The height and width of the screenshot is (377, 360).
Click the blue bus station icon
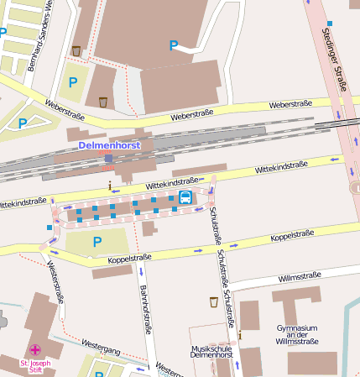tap(185, 197)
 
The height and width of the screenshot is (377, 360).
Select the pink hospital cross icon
tap(35, 349)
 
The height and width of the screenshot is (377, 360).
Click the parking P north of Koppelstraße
tap(97, 242)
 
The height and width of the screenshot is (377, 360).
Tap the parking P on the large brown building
tap(174, 45)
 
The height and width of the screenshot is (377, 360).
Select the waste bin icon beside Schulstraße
tap(213, 301)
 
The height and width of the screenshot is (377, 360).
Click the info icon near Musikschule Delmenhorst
tap(239, 335)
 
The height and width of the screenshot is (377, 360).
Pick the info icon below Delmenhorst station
tap(109, 184)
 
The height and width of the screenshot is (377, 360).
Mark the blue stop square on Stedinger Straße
tap(330, 24)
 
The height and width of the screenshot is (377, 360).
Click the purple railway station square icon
tap(108, 157)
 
